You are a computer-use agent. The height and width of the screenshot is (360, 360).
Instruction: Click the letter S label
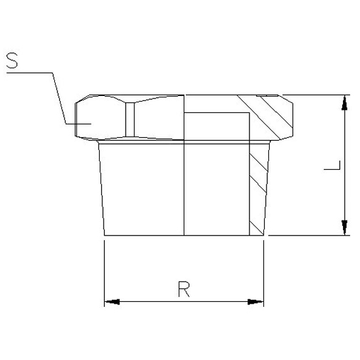[13, 61]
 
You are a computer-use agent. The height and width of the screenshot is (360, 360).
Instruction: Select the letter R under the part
[184, 289]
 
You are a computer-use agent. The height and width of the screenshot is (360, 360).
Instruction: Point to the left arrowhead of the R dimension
[111, 302]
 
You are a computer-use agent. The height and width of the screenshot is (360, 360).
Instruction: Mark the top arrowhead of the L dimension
[344, 102]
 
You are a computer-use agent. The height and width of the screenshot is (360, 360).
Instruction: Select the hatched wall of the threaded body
[256, 189]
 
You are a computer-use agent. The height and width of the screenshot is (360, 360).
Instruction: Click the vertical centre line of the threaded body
[184, 189]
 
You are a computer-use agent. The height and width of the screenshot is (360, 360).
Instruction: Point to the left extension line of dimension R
[104, 272]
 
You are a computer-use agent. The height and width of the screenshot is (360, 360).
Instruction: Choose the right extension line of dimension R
[263, 272]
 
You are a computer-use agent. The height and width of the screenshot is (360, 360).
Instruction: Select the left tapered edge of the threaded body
[100, 189]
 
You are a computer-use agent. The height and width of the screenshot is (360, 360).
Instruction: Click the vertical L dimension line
[344, 189]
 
